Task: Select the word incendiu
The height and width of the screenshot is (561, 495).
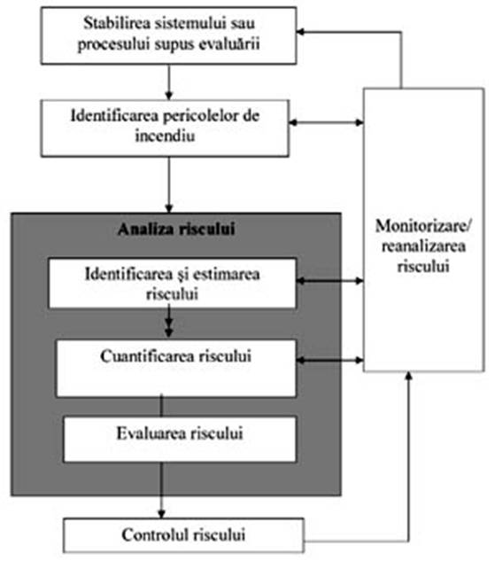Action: [165, 136]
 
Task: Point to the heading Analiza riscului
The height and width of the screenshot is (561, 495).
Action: [176, 229]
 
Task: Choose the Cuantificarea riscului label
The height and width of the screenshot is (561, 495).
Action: [176, 356]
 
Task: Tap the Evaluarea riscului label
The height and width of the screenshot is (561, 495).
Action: [180, 433]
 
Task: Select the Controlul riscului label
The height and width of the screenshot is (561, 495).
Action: [183, 535]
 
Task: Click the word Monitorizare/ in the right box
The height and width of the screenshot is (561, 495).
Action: [424, 226]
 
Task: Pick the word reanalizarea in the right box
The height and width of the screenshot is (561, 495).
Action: [424, 246]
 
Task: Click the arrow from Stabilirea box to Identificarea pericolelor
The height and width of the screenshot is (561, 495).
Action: [169, 82]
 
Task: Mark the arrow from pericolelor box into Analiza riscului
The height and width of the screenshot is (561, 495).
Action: [169, 184]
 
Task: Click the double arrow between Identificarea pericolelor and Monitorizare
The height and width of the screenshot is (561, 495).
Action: [326, 122]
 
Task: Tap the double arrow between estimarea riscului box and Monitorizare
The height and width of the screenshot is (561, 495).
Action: [330, 281]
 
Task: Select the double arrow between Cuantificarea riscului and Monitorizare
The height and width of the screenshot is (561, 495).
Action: [330, 361]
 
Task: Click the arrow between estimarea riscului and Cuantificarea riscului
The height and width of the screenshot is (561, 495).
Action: [169, 321]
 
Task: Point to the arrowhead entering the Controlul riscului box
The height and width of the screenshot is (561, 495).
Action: [161, 515]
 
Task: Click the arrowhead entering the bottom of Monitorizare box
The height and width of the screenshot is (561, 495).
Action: [409, 376]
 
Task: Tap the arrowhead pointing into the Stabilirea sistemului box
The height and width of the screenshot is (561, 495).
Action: [300, 32]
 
